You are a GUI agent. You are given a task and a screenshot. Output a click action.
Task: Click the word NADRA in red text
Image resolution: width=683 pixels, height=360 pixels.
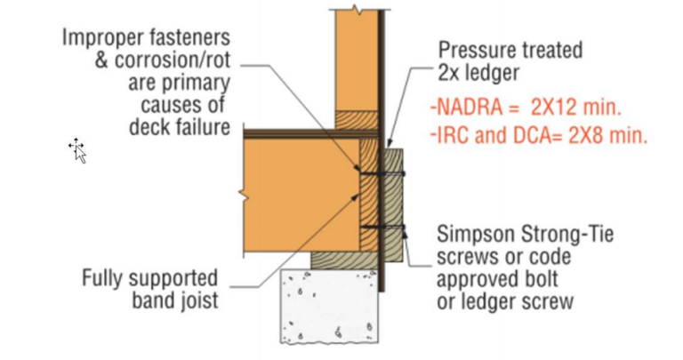463,108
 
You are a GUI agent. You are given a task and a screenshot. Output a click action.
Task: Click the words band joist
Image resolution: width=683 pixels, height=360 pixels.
174,300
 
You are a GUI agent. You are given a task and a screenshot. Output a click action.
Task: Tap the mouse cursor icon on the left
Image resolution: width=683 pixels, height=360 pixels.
78,151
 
